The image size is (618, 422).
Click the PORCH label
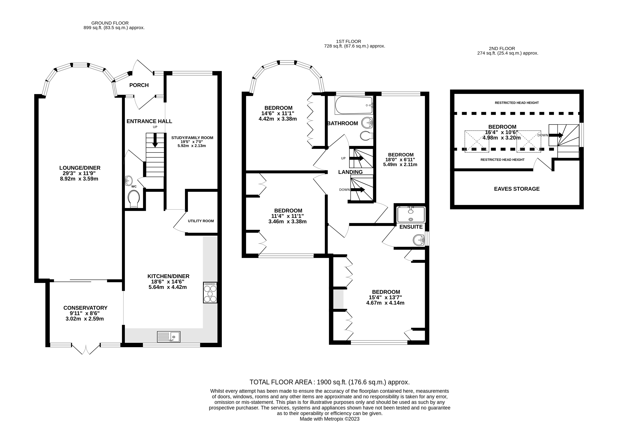(139, 85)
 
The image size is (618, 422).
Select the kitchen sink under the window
(169, 337)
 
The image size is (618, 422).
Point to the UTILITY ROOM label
(201, 221)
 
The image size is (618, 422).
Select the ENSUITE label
(411, 227)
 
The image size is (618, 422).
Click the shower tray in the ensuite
(411, 215)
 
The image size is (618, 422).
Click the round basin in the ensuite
(419, 240)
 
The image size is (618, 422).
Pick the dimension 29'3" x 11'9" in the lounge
(79, 173)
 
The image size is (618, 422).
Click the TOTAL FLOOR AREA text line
(329, 382)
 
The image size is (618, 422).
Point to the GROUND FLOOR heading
(110, 23)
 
